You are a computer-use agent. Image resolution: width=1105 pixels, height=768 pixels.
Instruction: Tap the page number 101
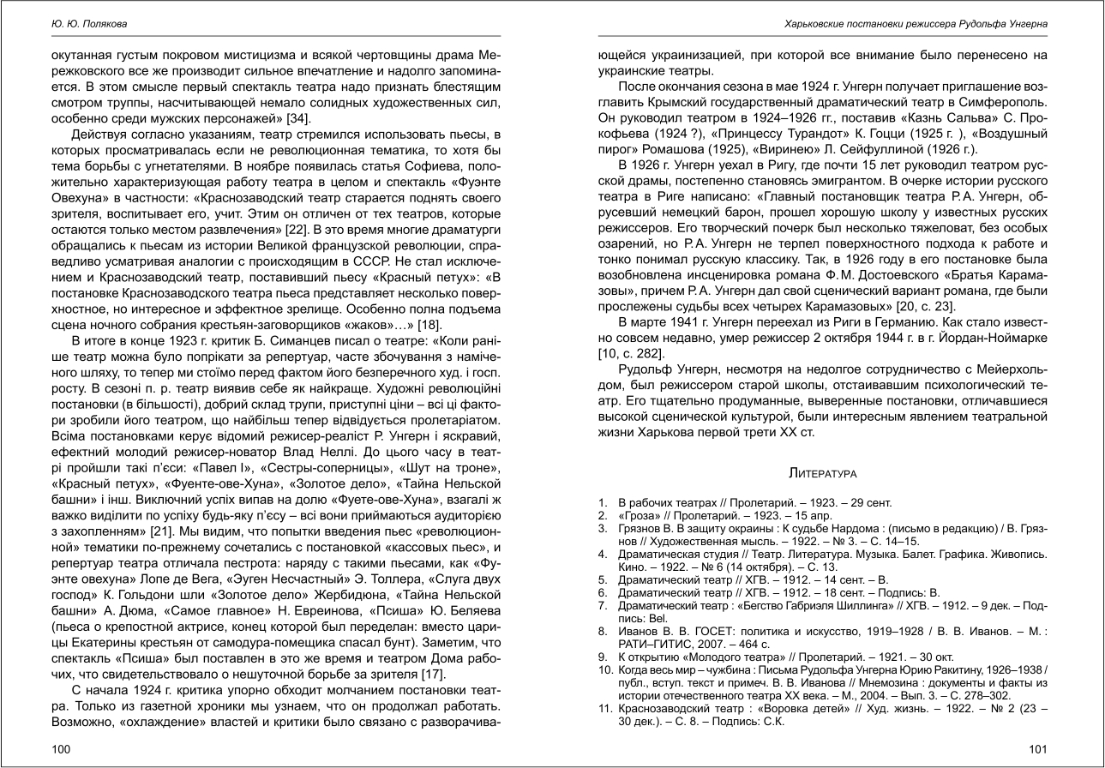click(1038, 749)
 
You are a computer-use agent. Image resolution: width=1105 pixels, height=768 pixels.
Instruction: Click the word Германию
click(898, 322)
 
